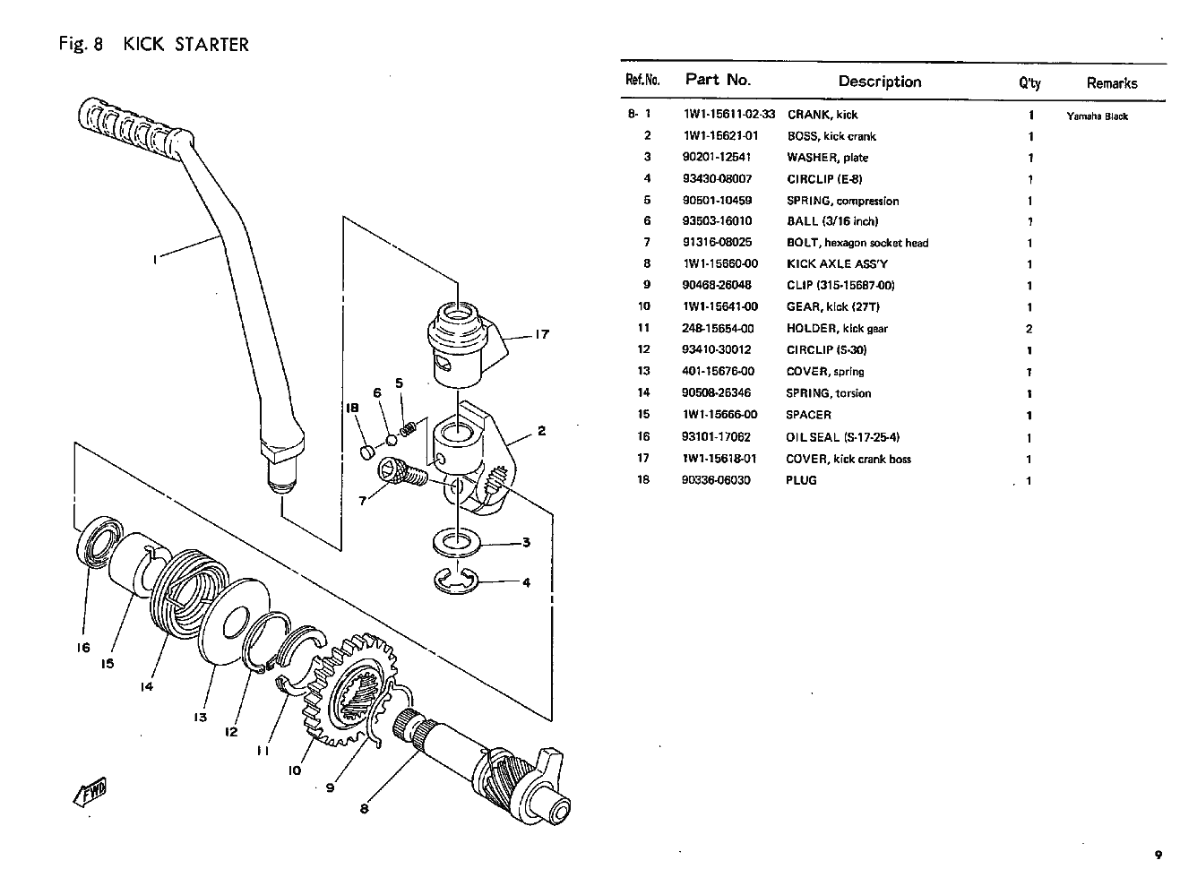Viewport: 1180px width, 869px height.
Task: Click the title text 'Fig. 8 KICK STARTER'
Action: pyautogui.click(x=153, y=44)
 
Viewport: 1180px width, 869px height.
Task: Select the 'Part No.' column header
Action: pyautogui.click(x=718, y=80)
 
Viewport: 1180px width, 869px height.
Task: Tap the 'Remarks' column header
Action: pyautogui.click(x=1111, y=83)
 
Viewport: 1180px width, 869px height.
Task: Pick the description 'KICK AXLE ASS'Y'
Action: pyautogui.click(x=837, y=264)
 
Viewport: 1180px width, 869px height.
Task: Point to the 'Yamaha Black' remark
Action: pyautogui.click(x=1097, y=116)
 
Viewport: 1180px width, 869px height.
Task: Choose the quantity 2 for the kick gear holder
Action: pyautogui.click(x=1029, y=329)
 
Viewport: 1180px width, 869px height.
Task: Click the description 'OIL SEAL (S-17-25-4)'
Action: pyautogui.click(x=842, y=437)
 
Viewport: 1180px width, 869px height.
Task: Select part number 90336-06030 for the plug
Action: pyautogui.click(x=716, y=480)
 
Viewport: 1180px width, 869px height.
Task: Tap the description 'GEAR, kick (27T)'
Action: pyautogui.click(x=832, y=307)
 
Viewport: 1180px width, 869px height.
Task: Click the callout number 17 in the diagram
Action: pyautogui.click(x=541, y=335)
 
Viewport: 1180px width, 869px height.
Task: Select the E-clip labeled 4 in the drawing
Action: pyautogui.click(x=458, y=581)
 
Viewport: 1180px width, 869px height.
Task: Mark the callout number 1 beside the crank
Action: pyautogui.click(x=154, y=260)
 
